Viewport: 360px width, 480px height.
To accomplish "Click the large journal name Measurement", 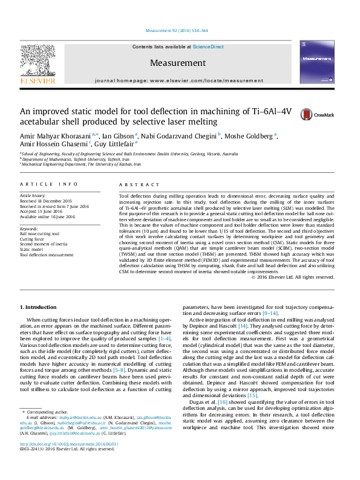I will [x=179, y=62].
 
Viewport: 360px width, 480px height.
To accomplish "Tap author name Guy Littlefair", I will [x=117, y=145].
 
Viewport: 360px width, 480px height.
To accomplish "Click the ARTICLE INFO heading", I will [x=48, y=184].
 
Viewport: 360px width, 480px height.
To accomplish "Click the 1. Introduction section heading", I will [x=39, y=308].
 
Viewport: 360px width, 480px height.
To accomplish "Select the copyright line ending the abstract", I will [x=293, y=277].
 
